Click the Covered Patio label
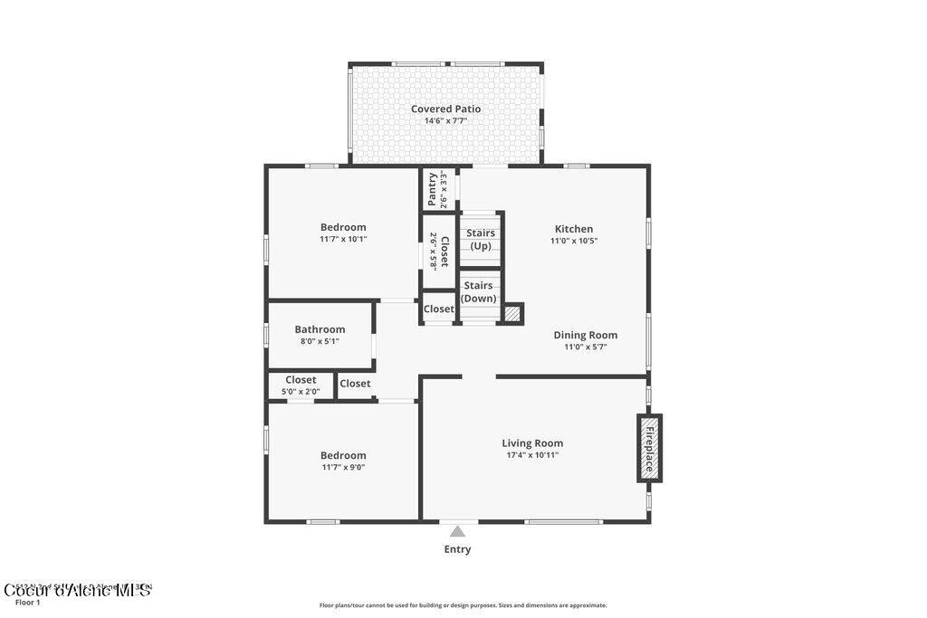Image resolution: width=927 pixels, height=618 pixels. [445, 109]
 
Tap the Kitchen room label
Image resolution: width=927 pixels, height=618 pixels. [574, 229]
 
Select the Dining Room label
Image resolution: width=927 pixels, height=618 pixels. [585, 335]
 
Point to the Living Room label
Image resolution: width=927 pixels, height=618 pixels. [532, 443]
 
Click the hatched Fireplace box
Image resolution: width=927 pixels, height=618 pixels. [649, 448]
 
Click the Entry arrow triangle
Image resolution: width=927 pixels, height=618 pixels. [458, 532]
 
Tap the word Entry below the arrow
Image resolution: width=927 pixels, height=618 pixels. [457, 549]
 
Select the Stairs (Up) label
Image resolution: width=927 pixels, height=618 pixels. [481, 240]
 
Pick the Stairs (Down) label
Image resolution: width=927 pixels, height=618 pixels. [478, 291]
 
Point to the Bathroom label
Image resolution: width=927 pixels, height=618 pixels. [320, 329]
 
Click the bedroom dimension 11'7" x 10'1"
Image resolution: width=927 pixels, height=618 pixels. [343, 240]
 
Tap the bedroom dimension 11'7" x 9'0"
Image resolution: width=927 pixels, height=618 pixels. [343, 468]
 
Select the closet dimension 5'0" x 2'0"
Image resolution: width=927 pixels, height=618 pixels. [301, 392]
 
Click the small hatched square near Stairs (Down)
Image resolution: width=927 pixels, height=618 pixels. [513, 313]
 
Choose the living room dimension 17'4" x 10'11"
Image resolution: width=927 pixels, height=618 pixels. [532, 455]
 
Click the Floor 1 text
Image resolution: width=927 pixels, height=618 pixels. [28, 603]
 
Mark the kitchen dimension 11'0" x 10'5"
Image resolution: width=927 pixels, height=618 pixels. [574, 241]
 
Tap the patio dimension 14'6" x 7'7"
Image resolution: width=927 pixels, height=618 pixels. [445, 121]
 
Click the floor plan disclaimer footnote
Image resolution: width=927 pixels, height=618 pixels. [463, 605]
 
